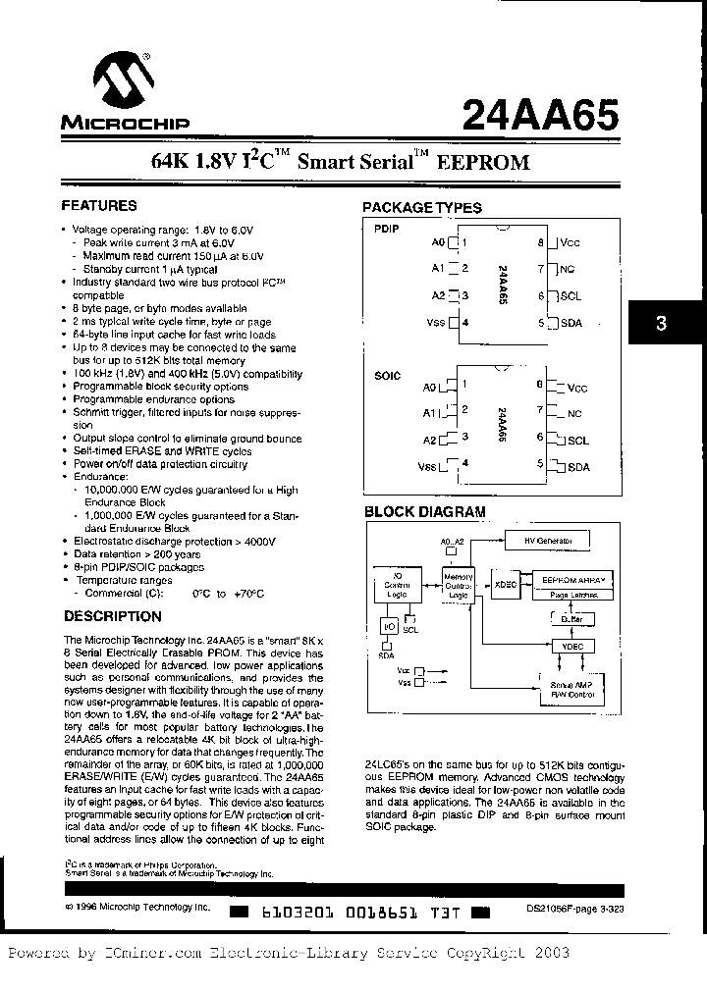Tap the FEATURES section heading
click(x=99, y=206)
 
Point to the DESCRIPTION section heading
click(x=112, y=616)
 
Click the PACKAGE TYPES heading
click(x=422, y=208)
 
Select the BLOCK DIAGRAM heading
click(x=424, y=511)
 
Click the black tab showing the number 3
click(x=662, y=323)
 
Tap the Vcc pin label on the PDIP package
click(x=571, y=241)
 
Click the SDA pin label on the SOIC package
click(x=577, y=467)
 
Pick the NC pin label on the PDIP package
click(x=568, y=268)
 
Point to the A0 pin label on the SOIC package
click(x=428, y=387)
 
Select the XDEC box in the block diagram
click(x=505, y=586)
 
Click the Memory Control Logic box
click(x=459, y=586)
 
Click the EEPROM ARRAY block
click(x=574, y=580)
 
